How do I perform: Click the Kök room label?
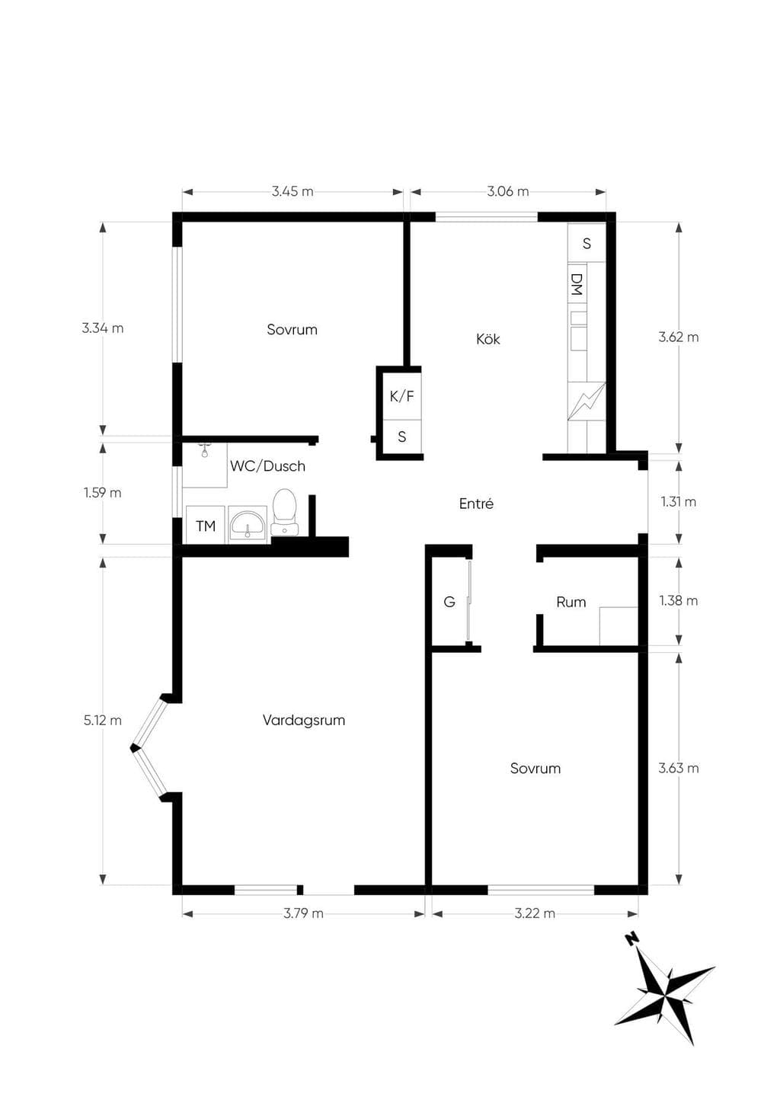(x=488, y=339)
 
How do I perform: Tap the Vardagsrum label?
(x=303, y=721)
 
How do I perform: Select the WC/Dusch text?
(x=267, y=466)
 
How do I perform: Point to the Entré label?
(x=476, y=504)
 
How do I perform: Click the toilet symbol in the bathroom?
(x=285, y=512)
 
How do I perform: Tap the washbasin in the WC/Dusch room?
(x=248, y=525)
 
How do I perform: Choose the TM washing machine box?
(x=206, y=525)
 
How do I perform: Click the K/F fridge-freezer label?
(x=402, y=396)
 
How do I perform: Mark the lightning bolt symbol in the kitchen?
(x=586, y=401)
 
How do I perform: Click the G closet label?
(x=449, y=602)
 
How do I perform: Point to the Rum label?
(x=571, y=602)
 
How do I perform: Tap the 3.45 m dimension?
(x=292, y=191)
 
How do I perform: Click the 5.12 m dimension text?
(x=102, y=721)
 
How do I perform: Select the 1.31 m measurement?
(x=679, y=502)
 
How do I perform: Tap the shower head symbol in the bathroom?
(x=204, y=450)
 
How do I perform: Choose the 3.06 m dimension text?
(x=508, y=191)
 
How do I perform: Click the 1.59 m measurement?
(x=102, y=492)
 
